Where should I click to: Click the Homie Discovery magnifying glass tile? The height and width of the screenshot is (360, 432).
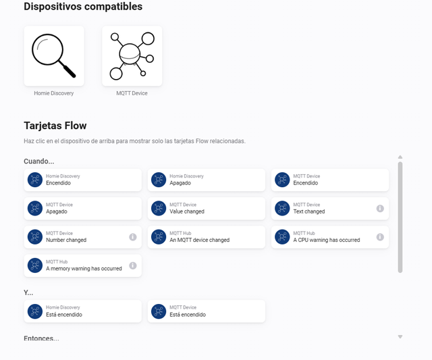click(54, 56)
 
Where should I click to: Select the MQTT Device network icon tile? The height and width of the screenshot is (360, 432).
click(132, 56)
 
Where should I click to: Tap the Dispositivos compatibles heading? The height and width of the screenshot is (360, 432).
click(83, 7)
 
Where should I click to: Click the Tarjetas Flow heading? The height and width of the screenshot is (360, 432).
click(55, 126)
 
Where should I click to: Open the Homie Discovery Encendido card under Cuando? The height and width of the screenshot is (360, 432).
click(82, 180)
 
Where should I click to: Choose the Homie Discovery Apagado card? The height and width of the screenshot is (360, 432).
click(207, 180)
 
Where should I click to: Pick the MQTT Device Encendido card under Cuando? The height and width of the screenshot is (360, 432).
click(330, 180)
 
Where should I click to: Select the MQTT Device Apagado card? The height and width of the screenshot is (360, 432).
click(82, 209)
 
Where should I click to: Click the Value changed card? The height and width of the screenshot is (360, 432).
click(207, 209)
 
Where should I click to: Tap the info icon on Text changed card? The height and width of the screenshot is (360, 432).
click(380, 209)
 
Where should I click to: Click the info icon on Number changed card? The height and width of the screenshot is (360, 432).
click(133, 237)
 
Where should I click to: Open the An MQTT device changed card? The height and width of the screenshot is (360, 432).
click(207, 237)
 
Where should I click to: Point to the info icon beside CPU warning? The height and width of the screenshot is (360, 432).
click(380, 237)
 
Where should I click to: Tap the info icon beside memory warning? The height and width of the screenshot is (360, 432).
click(133, 265)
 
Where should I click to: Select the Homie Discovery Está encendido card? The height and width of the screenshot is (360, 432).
click(82, 311)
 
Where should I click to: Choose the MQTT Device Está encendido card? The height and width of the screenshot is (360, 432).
click(207, 311)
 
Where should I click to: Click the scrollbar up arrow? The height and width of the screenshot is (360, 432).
click(400, 157)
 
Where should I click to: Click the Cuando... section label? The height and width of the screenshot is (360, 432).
click(39, 161)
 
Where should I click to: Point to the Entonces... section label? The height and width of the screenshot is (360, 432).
click(41, 338)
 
